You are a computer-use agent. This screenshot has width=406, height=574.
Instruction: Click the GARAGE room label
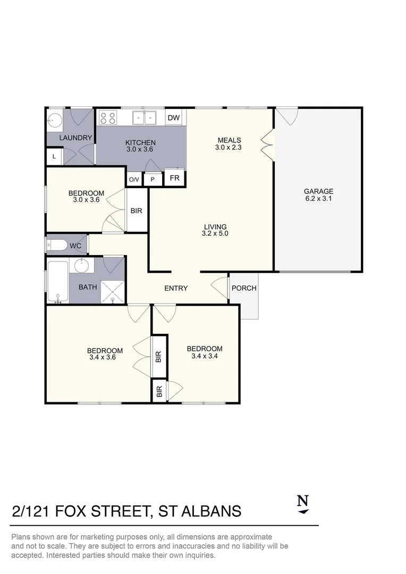(318, 191)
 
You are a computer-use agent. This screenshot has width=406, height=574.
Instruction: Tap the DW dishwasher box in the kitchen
(174, 118)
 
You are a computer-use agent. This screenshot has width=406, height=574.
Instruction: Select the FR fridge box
(174, 178)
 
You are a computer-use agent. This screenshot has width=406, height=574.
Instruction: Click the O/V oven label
(133, 180)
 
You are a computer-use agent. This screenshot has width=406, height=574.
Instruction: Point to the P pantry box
(153, 180)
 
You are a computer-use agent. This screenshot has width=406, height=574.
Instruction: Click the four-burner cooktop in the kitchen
(108, 117)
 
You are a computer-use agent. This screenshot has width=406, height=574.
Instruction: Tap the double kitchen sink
(144, 117)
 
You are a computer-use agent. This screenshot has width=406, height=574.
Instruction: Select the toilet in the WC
(56, 245)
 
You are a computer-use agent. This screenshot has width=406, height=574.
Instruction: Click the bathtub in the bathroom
(57, 280)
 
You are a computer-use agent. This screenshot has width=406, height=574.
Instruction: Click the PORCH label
(244, 288)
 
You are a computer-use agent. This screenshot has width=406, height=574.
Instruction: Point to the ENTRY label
(176, 288)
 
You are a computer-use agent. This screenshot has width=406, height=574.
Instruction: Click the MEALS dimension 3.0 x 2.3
(230, 148)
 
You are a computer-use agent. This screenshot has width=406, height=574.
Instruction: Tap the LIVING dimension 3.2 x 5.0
(215, 233)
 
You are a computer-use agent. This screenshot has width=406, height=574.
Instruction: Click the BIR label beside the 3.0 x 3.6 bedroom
(137, 210)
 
